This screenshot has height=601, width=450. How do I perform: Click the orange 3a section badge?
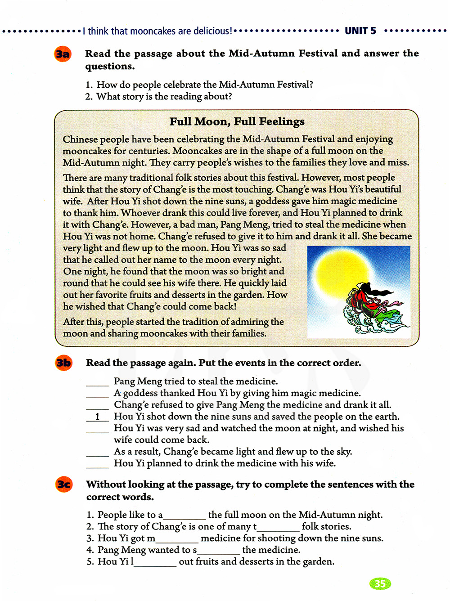pyautogui.click(x=63, y=54)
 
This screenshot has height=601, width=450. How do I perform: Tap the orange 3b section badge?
pyautogui.click(x=63, y=363)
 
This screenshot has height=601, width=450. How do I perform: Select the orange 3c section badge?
pyautogui.click(x=64, y=484)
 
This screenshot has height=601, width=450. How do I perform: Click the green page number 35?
pyautogui.click(x=380, y=583)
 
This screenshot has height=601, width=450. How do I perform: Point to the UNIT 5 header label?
pyautogui.click(x=360, y=31)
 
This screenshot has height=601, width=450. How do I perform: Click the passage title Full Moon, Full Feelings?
pyautogui.click(x=237, y=121)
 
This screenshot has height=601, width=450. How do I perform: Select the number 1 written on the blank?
pyautogui.click(x=97, y=417)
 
